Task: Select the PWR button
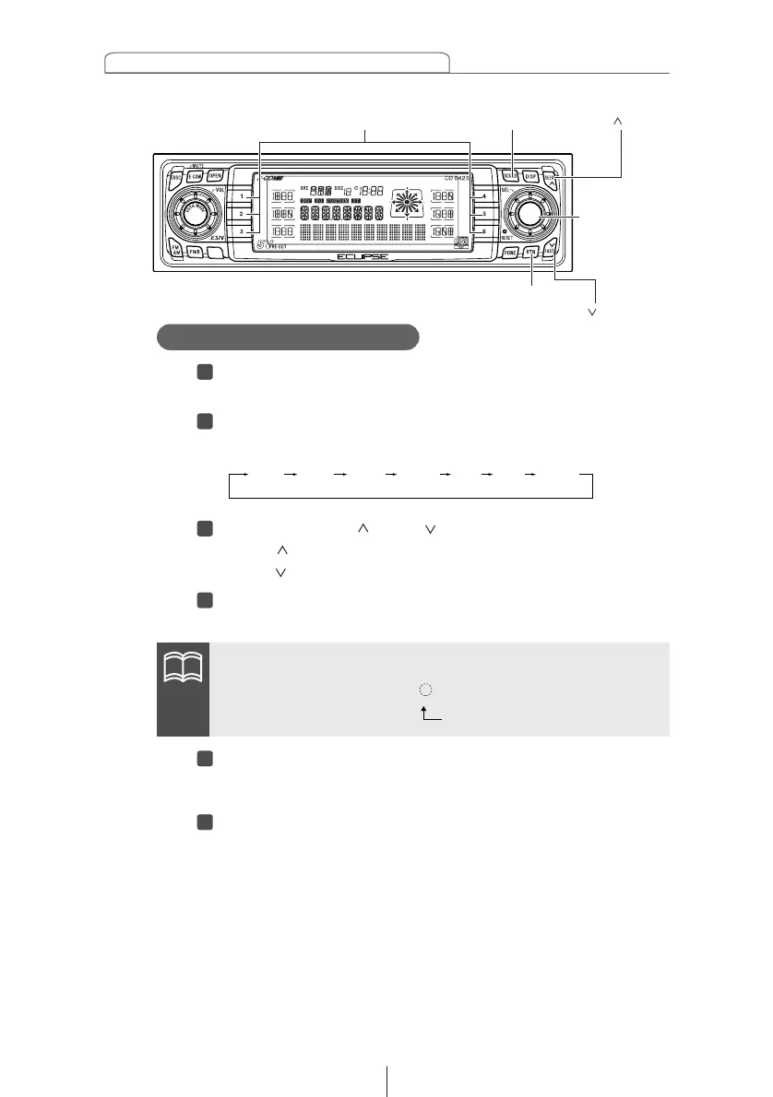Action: pos(195,251)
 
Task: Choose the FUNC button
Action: pos(510,251)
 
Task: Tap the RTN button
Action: pos(530,251)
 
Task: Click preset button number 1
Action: pos(242,196)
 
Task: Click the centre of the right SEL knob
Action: pos(529,213)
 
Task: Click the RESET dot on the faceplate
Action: pos(505,233)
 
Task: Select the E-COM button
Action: pos(195,176)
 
